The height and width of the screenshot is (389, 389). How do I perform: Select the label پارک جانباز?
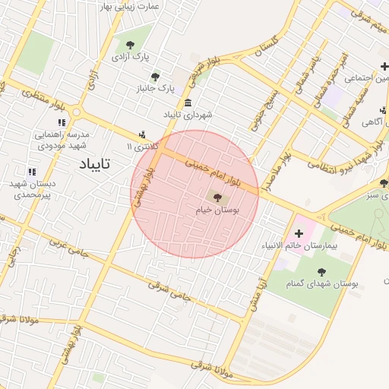[x=155, y=89]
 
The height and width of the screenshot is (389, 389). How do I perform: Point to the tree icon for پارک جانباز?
[x=156, y=77]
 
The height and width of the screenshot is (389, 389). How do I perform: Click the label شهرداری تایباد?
[x=187, y=114]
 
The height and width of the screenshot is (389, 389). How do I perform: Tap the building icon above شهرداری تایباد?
[x=188, y=103]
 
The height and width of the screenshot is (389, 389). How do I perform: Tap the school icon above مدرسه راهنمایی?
[x=62, y=122]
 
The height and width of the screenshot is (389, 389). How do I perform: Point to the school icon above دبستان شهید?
[x=32, y=172]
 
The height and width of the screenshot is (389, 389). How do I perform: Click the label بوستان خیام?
[x=217, y=212]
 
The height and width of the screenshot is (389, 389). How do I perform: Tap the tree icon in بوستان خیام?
[x=218, y=198]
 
